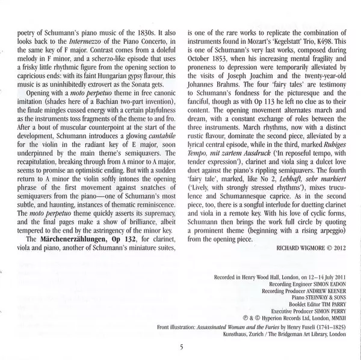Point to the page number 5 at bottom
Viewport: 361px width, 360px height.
(180, 347)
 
